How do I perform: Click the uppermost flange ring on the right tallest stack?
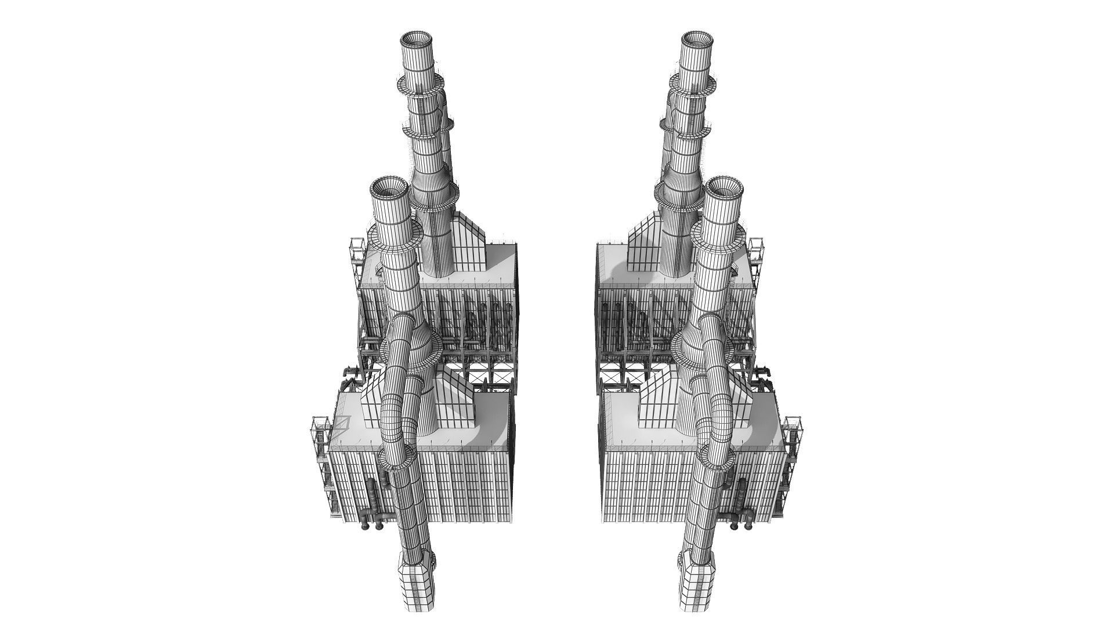point(696,86)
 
